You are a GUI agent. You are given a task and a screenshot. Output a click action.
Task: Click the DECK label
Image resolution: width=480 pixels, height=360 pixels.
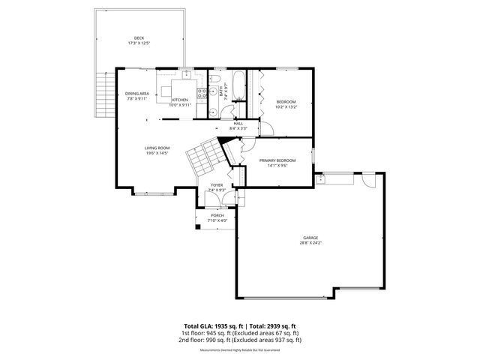139,38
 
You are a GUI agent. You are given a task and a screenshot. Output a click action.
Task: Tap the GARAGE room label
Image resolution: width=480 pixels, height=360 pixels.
310,236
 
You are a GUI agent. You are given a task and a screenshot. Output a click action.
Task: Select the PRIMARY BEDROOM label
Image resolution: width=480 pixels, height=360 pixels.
277,160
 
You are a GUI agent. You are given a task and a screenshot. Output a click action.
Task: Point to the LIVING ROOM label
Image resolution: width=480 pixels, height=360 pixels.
157,148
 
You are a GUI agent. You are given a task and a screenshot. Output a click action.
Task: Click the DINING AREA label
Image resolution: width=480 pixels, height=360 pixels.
137,94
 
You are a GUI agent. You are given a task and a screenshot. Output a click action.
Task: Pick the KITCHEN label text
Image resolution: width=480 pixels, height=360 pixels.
181,100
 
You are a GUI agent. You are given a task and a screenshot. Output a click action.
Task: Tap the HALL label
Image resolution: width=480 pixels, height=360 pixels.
238,124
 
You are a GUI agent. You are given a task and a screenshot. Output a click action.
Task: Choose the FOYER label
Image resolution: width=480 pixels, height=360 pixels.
217,184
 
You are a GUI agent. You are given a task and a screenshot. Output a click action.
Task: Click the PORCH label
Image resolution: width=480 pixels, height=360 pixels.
217,215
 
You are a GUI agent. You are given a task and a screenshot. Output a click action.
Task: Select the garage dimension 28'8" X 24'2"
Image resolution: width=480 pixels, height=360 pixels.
310,241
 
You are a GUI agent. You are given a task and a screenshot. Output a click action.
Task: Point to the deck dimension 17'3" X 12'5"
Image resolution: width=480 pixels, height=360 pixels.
139,43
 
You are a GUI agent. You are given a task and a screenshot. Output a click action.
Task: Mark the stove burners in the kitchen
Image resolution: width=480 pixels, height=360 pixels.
202,94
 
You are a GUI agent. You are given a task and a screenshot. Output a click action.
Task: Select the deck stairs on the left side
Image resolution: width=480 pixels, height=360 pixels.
104,94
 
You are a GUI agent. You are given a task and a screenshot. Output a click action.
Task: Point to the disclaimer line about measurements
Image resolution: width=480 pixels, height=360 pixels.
239,349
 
